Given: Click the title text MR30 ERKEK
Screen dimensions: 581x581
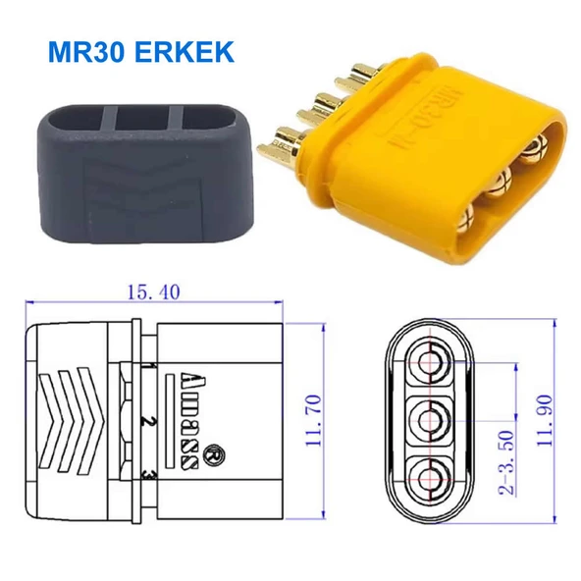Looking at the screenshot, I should (x=134, y=51).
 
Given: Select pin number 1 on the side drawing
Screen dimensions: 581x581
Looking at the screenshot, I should (x=145, y=369).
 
